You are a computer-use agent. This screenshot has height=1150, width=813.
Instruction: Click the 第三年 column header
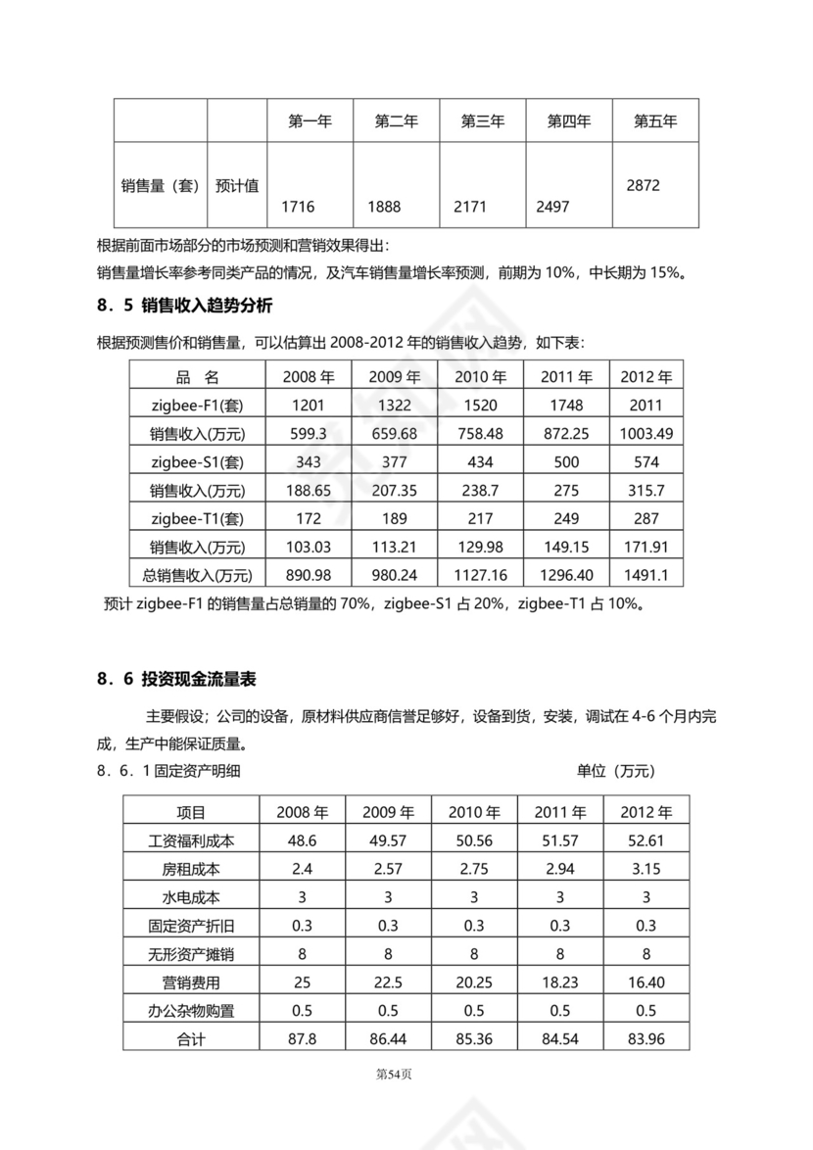pyautogui.click(x=483, y=121)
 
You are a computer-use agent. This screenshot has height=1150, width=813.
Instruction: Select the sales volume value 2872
pyautogui.click(x=646, y=185)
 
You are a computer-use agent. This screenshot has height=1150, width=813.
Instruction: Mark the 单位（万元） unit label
pyautogui.click(x=616, y=771)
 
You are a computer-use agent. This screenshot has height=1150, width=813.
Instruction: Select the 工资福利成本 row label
pyautogui.click(x=191, y=840)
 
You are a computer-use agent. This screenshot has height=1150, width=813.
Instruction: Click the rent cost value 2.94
pyautogui.click(x=560, y=869)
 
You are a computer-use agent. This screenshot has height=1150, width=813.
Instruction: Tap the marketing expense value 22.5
pyautogui.click(x=389, y=982)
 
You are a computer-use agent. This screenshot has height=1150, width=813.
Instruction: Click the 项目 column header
pyautogui.click(x=191, y=812)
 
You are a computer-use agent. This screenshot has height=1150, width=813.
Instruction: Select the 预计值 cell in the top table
pyautogui.click(x=237, y=185)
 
